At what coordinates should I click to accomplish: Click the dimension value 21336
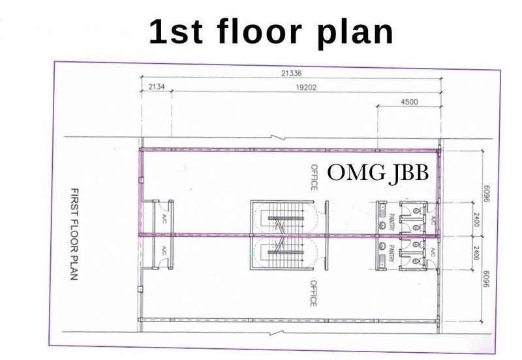click(x=291, y=73)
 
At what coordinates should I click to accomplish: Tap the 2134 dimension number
click(x=156, y=87)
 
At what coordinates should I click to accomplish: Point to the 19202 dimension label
click(x=306, y=87)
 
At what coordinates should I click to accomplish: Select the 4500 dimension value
click(x=409, y=102)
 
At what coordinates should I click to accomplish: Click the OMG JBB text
click(x=378, y=173)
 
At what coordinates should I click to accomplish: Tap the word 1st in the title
click(x=176, y=32)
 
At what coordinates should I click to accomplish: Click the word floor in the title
click(x=259, y=31)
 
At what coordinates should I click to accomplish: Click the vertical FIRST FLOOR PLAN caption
click(x=74, y=234)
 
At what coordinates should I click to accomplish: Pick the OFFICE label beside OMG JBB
click(x=314, y=177)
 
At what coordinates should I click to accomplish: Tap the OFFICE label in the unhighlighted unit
click(x=313, y=293)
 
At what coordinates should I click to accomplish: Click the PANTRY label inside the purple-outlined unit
click(x=391, y=222)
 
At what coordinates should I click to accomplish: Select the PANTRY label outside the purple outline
click(x=391, y=254)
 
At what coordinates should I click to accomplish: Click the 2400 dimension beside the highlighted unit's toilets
click(x=476, y=220)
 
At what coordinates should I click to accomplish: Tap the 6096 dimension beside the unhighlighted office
click(x=486, y=279)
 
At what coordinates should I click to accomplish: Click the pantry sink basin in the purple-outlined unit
click(x=382, y=225)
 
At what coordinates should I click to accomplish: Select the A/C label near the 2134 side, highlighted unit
click(x=164, y=219)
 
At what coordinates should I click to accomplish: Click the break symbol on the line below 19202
click(x=276, y=138)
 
